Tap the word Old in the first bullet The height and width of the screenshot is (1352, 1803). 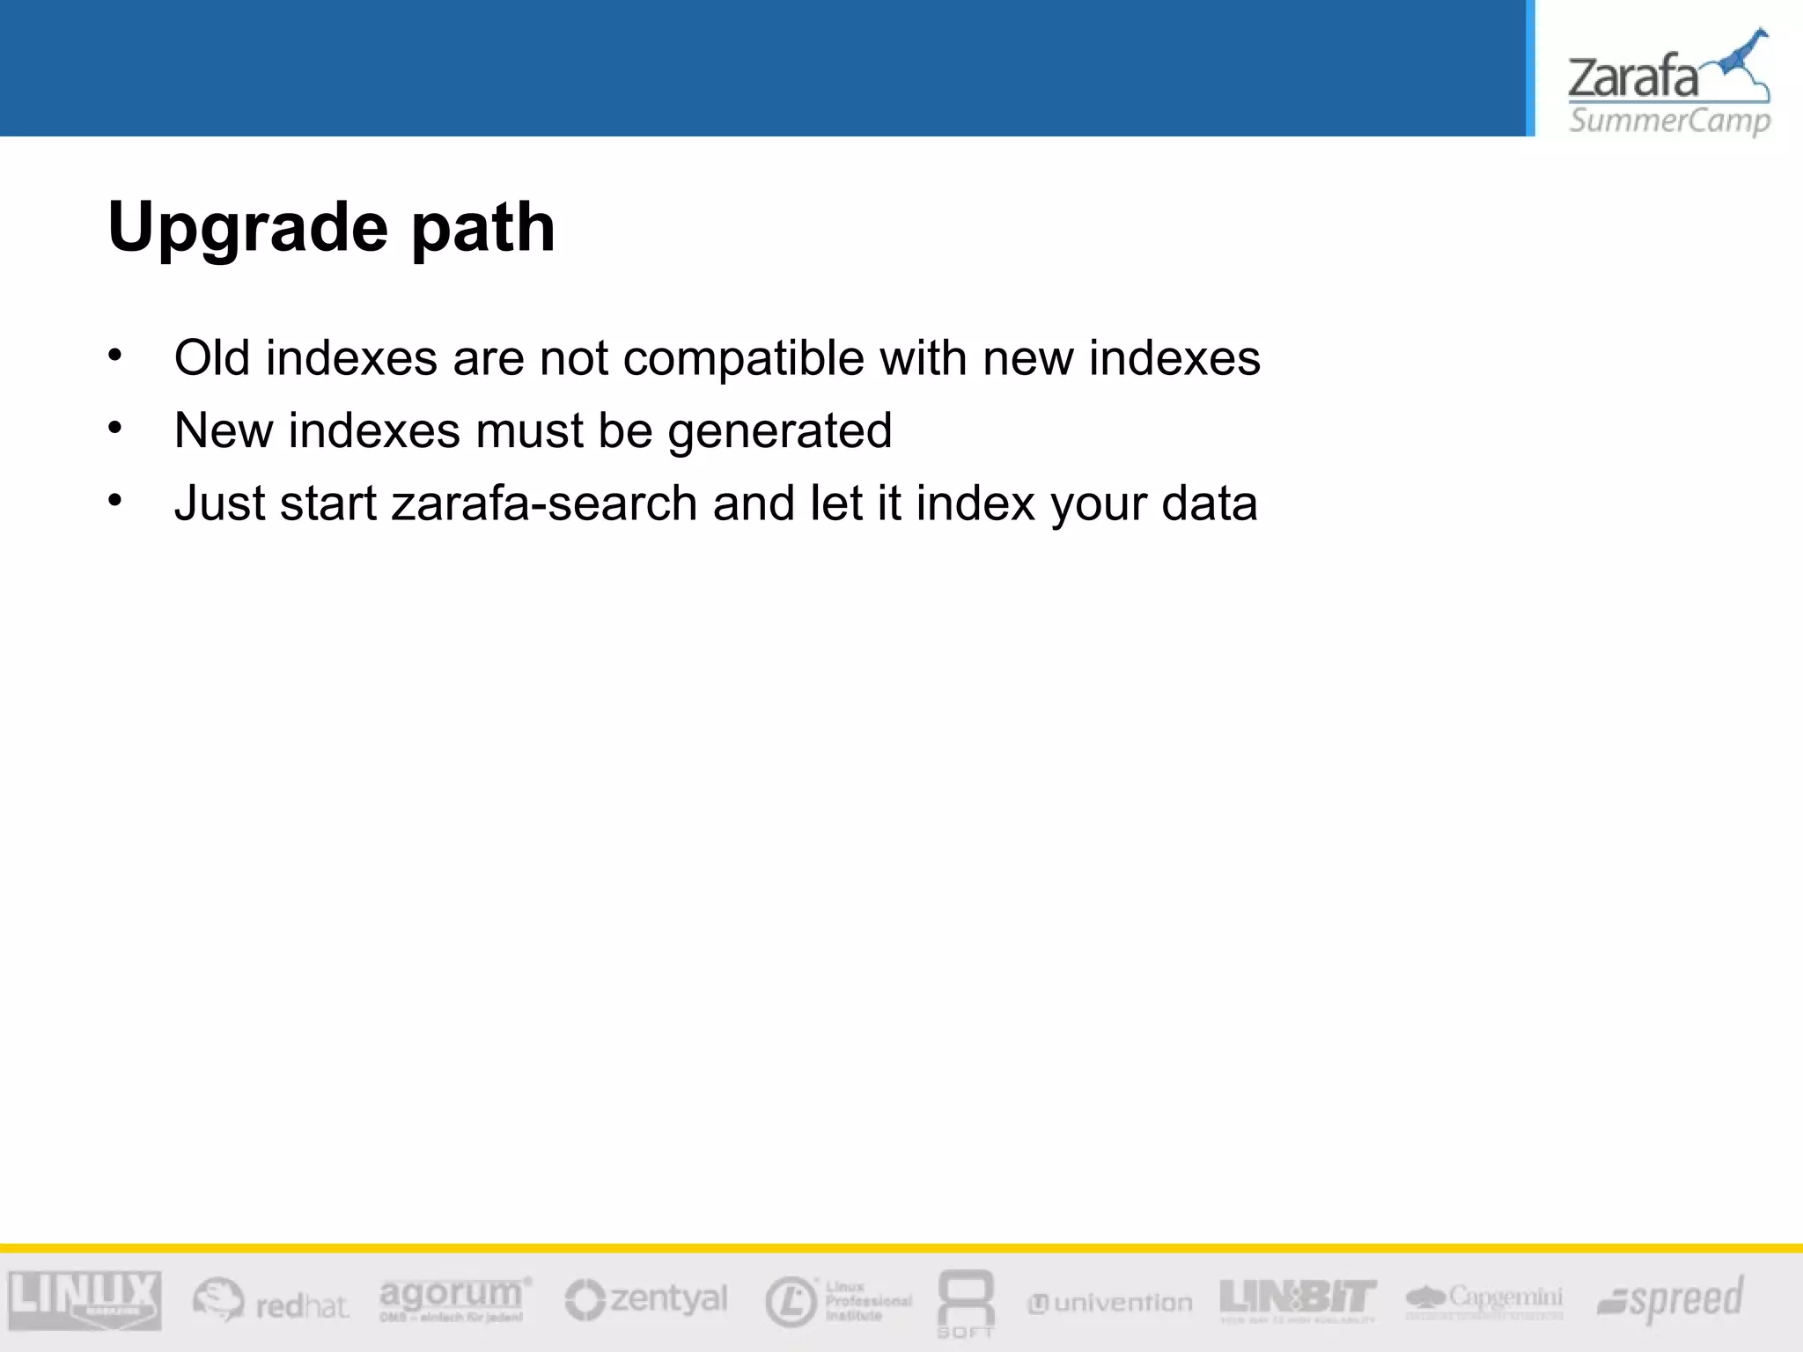click(212, 358)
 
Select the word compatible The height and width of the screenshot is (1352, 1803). click(744, 360)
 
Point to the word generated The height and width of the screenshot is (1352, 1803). click(779, 432)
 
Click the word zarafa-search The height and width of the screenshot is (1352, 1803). click(544, 503)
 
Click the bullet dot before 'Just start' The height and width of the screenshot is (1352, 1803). click(115, 500)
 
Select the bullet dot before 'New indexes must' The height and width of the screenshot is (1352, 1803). click(115, 428)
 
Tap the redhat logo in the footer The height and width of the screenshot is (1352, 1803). click(271, 1300)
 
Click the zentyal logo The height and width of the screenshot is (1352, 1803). click(646, 1299)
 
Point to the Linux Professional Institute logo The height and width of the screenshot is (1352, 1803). click(837, 1301)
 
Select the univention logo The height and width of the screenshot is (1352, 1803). click(1110, 1303)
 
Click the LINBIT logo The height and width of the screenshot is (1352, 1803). click(1298, 1299)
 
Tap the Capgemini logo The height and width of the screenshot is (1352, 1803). click(1484, 1299)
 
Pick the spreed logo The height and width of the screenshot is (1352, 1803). click(1671, 1299)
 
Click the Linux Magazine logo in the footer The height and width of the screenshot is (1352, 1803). click(85, 1299)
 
